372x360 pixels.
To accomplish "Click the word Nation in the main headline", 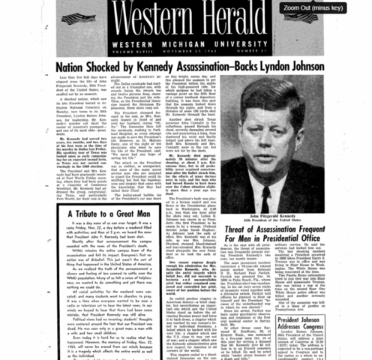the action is tap(74, 67).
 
